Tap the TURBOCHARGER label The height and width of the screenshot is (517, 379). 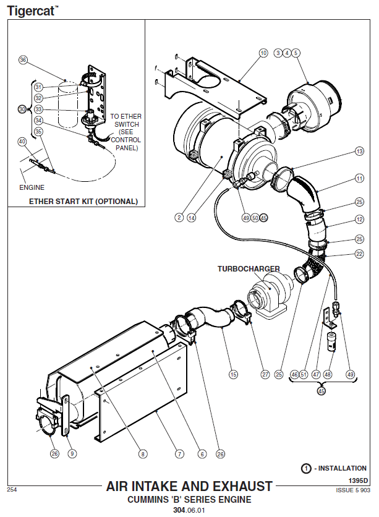click(248, 269)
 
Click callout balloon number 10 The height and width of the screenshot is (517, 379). click(264, 53)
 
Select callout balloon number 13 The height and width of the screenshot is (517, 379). click(359, 151)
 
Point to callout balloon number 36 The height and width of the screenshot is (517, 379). click(23, 60)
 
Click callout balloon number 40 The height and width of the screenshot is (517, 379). click(23, 142)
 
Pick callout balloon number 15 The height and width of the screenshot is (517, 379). click(233, 374)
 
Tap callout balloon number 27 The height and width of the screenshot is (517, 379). click(265, 374)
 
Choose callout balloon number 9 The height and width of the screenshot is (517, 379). click(72, 454)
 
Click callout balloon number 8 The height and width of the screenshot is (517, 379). click(143, 454)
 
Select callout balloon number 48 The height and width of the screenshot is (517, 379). click(328, 374)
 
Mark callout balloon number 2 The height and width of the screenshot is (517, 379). click(178, 217)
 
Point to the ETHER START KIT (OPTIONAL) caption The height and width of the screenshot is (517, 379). click(83, 201)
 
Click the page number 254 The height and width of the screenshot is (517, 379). click(12, 489)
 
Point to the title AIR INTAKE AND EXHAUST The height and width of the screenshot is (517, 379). click(189, 486)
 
